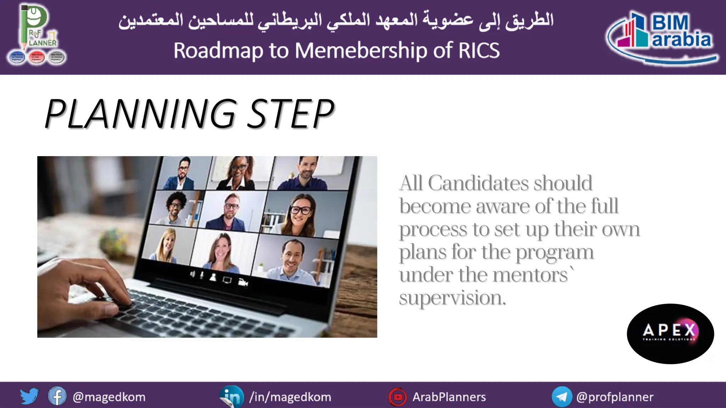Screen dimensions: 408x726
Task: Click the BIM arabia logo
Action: (661, 37)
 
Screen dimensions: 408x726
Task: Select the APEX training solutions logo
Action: (670, 333)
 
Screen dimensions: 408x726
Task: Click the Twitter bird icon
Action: (29, 396)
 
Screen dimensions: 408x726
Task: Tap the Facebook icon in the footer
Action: (57, 396)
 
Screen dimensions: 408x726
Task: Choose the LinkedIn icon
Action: (232, 396)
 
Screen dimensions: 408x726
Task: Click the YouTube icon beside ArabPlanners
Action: (398, 397)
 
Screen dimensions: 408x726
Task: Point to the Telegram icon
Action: (562, 397)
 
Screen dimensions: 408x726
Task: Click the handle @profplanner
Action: (615, 397)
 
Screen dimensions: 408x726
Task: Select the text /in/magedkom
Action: (290, 397)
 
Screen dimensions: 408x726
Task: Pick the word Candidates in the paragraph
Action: (477, 183)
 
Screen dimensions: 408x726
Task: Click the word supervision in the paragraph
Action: (452, 297)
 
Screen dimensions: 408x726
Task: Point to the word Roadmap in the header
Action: (218, 50)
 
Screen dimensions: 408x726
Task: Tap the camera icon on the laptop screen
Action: (243, 282)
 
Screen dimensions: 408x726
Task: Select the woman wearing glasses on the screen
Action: (300, 214)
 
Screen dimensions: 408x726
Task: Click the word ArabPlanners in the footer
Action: (449, 397)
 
